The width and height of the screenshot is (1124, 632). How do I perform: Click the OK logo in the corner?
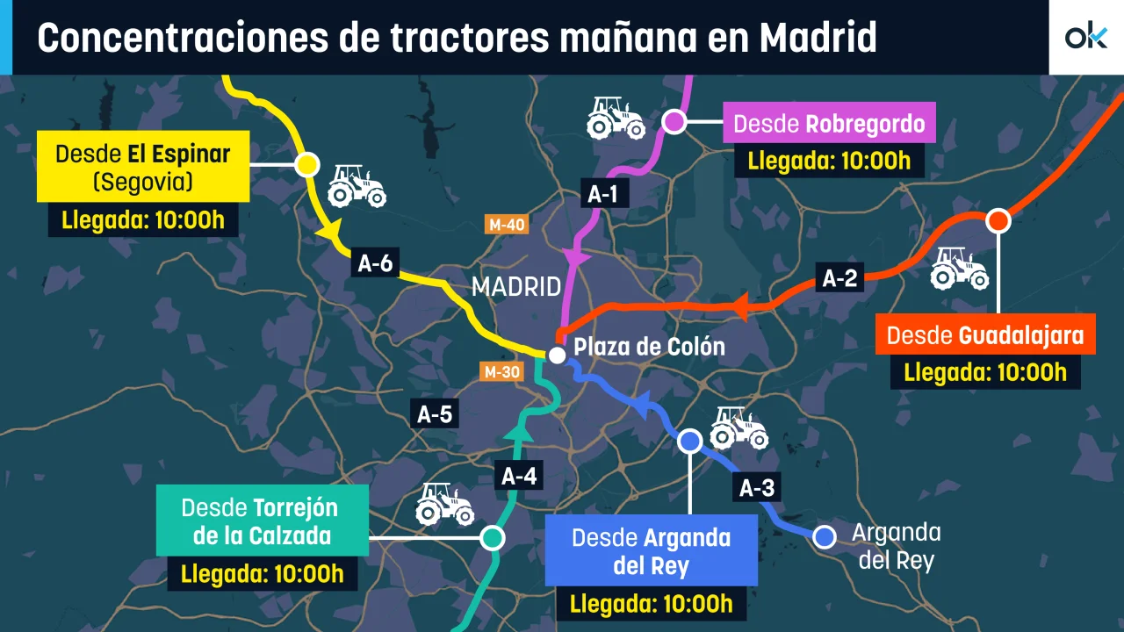click(1086, 37)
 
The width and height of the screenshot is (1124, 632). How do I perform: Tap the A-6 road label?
click(375, 263)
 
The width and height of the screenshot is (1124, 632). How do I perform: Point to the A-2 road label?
click(839, 278)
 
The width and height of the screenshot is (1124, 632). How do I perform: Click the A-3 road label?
click(756, 489)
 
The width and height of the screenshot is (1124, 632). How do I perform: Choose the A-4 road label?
click(518, 478)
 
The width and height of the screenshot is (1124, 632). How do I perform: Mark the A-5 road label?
click(435, 414)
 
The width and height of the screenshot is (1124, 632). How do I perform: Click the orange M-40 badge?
click(507, 225)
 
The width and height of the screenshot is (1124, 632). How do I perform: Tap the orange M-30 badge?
click(501, 371)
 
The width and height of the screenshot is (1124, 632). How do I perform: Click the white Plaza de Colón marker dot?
click(557, 355)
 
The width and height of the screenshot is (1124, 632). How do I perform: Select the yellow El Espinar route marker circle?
click(307, 164)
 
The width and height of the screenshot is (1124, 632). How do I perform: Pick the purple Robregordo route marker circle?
click(674, 121)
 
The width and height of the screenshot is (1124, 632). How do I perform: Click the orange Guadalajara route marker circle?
click(998, 221)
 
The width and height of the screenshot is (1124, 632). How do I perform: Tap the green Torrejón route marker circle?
click(493, 537)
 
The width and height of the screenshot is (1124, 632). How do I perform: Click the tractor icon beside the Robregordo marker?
click(616, 117)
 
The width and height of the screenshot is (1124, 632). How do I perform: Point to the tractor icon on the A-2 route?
click(959, 268)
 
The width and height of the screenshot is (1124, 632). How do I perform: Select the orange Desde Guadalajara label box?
click(984, 334)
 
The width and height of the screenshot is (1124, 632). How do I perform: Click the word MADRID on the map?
click(515, 287)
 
